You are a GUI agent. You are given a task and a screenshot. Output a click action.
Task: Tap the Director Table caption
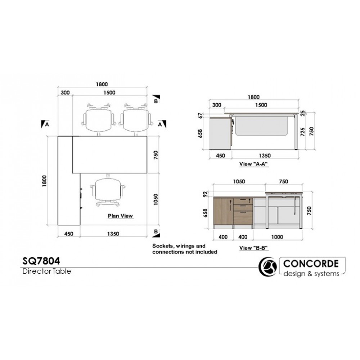[46, 271]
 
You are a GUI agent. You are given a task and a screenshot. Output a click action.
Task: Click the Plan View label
[121, 216]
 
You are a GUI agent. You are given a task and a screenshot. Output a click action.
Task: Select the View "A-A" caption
[255, 164]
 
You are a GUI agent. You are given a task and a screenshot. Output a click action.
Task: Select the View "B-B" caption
[255, 248]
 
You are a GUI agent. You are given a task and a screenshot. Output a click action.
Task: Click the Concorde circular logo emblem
[268, 267]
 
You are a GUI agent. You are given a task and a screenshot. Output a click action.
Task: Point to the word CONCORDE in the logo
[311, 263]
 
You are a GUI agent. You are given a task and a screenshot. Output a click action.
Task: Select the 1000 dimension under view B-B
[277, 237]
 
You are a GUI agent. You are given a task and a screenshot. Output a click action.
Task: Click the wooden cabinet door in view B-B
[223, 212]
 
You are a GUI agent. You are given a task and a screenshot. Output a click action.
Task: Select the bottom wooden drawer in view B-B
[243, 217]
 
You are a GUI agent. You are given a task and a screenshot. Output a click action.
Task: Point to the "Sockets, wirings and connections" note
[185, 249]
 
